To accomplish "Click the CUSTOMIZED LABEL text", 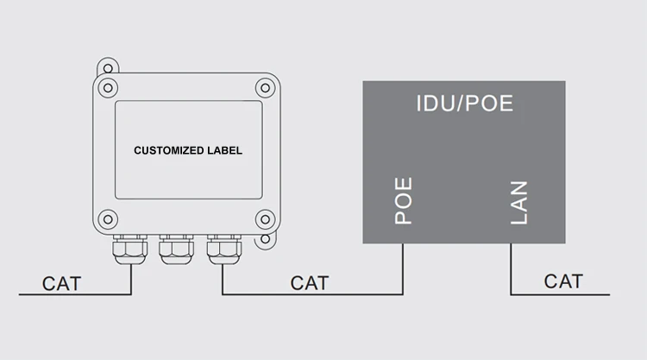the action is click(x=188, y=150).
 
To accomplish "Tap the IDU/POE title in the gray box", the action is click(x=465, y=104).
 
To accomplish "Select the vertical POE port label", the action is click(x=404, y=200).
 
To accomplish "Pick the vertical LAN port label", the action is click(x=519, y=203).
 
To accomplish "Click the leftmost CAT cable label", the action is click(x=61, y=284).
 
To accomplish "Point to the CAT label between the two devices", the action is click(x=310, y=283).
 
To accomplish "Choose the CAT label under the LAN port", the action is click(x=563, y=281).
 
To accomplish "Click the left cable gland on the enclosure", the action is click(x=130, y=249).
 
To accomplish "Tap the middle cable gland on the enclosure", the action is click(x=176, y=249).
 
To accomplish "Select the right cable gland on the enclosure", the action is click(x=224, y=249).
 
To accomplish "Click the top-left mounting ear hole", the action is click(x=108, y=68).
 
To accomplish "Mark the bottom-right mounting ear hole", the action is click(x=266, y=239).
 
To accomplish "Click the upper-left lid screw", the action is click(x=108, y=88).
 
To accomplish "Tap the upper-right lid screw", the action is click(x=266, y=88).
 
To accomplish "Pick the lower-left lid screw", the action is click(x=108, y=219).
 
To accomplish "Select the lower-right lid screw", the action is click(x=266, y=219).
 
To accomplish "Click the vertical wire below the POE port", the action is click(x=403, y=268).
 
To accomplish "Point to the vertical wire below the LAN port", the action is click(x=511, y=268).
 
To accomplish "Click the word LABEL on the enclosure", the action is click(x=224, y=150).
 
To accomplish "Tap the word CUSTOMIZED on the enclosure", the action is click(x=169, y=150).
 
